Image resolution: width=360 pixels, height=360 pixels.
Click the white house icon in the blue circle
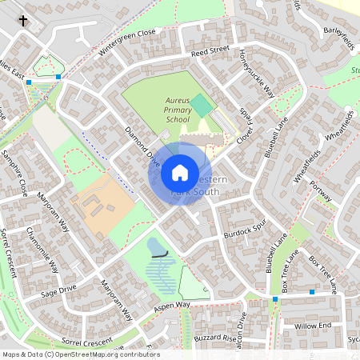tap(179, 173)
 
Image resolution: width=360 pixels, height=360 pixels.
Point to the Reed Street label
tap(210, 50)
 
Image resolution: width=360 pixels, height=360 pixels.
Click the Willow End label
tap(312, 326)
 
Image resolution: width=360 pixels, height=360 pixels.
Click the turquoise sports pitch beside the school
tap(202, 106)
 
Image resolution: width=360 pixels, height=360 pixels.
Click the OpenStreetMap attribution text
tap(80, 354)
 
